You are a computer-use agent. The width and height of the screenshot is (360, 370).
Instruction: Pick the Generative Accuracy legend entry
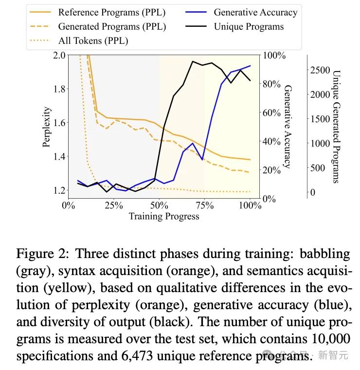click(255, 12)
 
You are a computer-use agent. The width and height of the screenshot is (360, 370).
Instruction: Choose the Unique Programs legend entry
click(249, 26)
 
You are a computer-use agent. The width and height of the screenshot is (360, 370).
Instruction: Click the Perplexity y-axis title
click(47, 127)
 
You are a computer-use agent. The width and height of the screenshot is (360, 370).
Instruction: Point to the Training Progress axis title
click(163, 216)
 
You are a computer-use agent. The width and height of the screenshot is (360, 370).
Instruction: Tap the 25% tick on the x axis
click(113, 205)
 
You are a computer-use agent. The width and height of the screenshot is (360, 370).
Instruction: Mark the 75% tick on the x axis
click(204, 205)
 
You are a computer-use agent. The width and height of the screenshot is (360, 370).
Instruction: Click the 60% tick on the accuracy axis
click(271, 112)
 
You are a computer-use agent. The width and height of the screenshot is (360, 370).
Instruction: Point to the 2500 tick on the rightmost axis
click(320, 70)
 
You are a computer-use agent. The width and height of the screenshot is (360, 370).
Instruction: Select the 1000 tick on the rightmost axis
click(320, 143)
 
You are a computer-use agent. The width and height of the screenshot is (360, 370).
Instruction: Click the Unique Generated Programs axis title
click(336, 127)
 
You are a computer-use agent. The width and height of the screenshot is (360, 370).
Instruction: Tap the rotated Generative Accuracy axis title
click(288, 127)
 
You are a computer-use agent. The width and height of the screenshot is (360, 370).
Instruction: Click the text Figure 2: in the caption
click(43, 254)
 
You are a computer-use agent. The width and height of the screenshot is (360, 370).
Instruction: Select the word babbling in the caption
click(324, 254)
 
